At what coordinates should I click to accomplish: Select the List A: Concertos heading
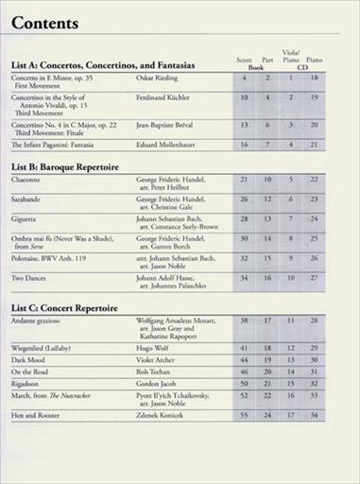(103, 64)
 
